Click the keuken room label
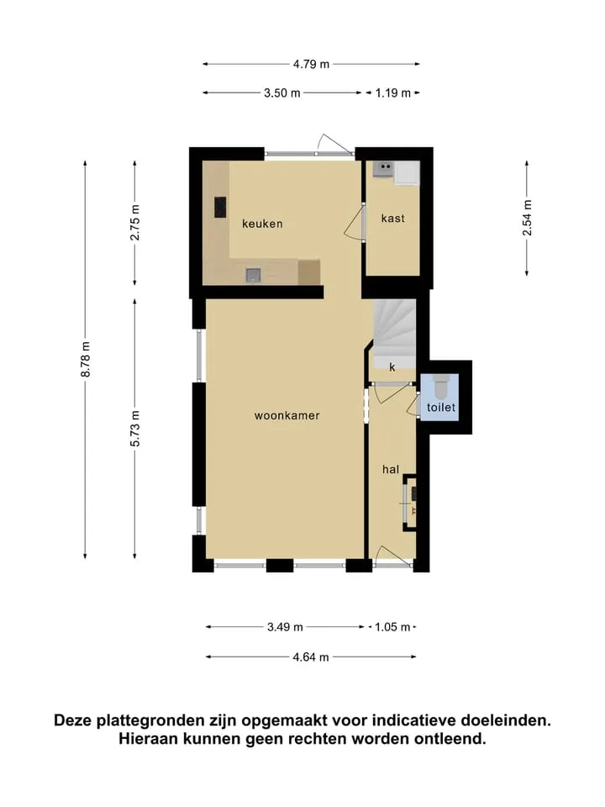262,224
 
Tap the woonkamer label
287,415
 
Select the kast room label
393,219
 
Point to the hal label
391,469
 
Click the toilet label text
441,408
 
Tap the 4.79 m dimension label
311,65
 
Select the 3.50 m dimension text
282,93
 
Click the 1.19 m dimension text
393,93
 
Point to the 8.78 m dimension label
86,359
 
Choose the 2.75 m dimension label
134,222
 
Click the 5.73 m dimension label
134,428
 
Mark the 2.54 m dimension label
528,218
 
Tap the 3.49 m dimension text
285,627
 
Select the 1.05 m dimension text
392,627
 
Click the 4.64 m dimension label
311,657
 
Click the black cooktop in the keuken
220,207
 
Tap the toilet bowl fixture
442,386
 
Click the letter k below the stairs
392,367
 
